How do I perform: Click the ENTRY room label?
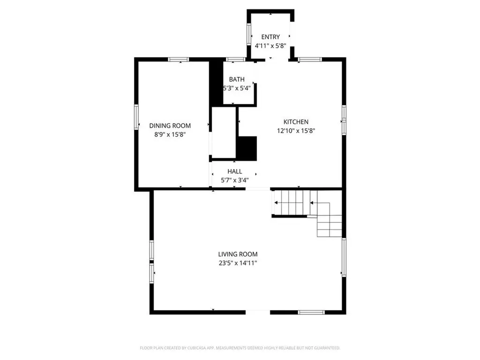[x=270, y=37]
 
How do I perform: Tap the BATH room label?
[x=236, y=79]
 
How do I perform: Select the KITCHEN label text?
[x=295, y=122]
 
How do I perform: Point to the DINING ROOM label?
[x=170, y=125]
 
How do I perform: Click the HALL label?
[x=234, y=172]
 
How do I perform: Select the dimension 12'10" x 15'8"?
[x=295, y=131]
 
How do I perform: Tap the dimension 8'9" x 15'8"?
[x=170, y=134]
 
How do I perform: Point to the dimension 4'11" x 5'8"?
[x=270, y=46]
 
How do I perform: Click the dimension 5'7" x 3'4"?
[x=234, y=180]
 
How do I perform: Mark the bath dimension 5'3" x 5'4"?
[x=236, y=88]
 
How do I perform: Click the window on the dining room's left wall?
[x=137, y=116]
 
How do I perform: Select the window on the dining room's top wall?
[x=179, y=60]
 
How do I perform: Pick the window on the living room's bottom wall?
[x=311, y=312]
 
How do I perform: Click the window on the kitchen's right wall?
[x=344, y=120]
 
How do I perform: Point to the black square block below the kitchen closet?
[x=247, y=148]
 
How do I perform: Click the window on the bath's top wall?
[x=235, y=60]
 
